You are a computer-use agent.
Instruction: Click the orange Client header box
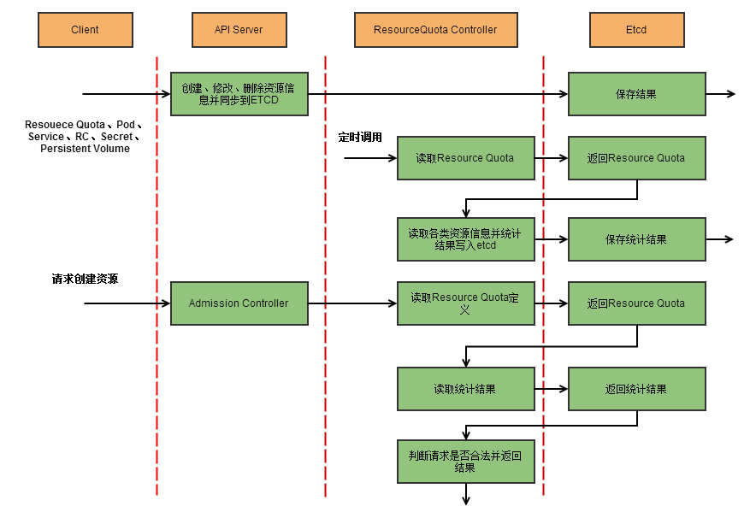coord(85,30)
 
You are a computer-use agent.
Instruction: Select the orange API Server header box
coord(239,30)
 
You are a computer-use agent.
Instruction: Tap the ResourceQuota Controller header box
coord(435,30)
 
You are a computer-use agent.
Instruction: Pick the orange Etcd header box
coord(636,30)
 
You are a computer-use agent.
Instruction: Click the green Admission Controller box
coord(239,303)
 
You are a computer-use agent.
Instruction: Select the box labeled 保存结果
coord(636,94)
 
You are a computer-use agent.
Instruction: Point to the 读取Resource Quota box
coord(465,158)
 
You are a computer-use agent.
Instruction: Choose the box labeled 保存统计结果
coord(636,240)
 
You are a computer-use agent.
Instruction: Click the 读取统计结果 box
coord(465,389)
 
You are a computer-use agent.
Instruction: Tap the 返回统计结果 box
coord(636,389)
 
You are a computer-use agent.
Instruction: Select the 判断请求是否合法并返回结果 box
coord(465,462)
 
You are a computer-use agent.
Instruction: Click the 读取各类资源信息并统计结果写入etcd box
coord(465,239)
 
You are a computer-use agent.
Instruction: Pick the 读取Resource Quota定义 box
coord(465,303)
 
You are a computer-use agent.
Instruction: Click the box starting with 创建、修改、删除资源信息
coord(239,94)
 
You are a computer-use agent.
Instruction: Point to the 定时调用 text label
coord(360,137)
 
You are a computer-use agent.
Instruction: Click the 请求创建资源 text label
coord(85,280)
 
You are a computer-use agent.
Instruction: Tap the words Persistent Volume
coord(85,149)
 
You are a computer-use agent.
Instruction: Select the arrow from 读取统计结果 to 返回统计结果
coord(552,389)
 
